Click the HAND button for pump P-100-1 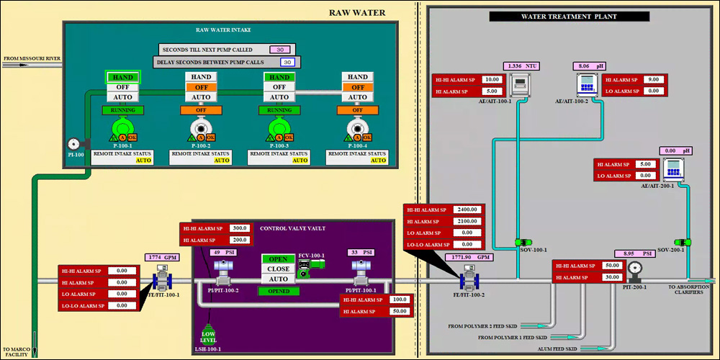tap(122, 77)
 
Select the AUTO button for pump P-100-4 tap(358, 96)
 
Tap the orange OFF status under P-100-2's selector tap(201, 110)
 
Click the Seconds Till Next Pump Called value tap(280, 50)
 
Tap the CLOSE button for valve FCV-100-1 tap(279, 269)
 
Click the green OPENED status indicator tap(279, 291)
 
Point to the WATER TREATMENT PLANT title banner tap(569, 16)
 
